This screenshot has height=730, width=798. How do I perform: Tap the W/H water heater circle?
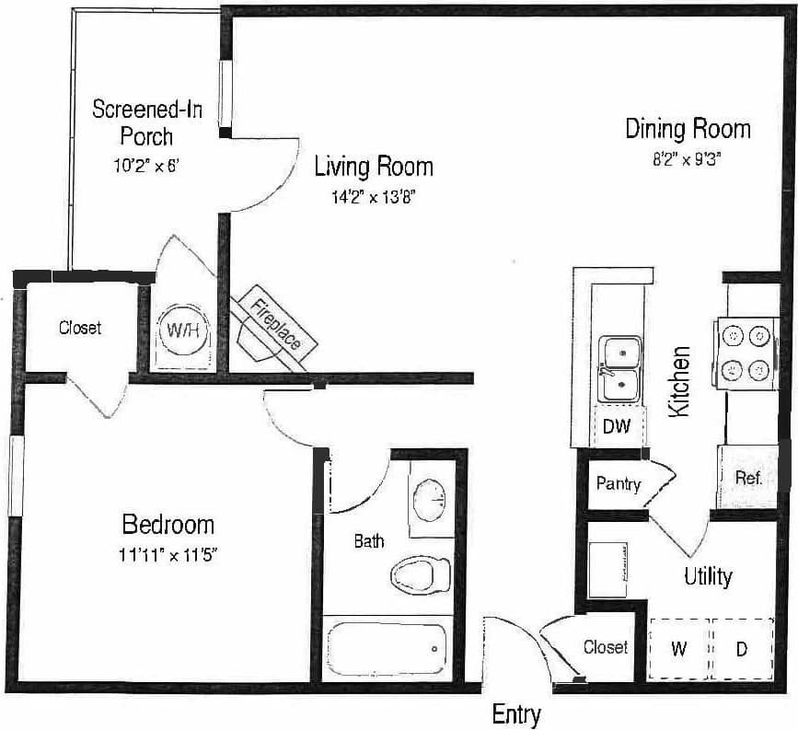click(x=183, y=330)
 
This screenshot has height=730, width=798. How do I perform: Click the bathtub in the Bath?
click(x=387, y=648)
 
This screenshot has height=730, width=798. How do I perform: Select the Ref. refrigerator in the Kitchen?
click(x=746, y=478)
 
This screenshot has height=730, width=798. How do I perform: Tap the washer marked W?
click(x=679, y=648)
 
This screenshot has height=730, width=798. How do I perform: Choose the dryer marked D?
click(x=741, y=648)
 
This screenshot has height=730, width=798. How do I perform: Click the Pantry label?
click(x=618, y=483)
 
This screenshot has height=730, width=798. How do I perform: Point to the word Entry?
click(x=516, y=714)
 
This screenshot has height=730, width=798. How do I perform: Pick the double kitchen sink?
click(x=621, y=369)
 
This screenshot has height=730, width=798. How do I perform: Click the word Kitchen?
click(x=680, y=381)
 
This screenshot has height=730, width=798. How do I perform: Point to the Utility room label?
click(x=708, y=577)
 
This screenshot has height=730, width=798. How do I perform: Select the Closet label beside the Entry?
click(x=606, y=647)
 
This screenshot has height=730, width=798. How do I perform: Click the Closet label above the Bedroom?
click(x=80, y=327)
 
